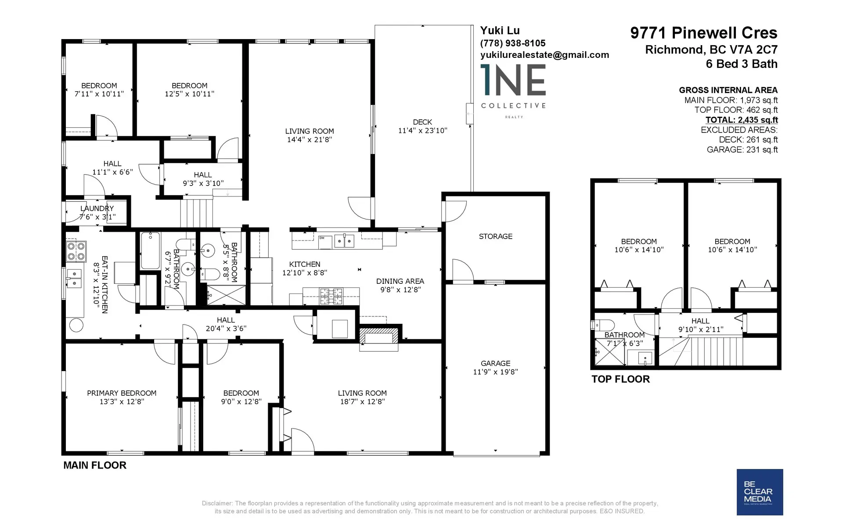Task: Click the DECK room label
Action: coord(422,122)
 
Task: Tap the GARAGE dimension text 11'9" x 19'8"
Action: coord(495,372)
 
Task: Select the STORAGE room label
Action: coord(495,236)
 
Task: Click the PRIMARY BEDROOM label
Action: coord(122,393)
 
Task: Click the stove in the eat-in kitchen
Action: coord(76,251)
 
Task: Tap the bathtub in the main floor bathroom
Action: coord(151,251)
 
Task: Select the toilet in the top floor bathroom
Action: coord(604,325)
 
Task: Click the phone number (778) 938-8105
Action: coord(513,43)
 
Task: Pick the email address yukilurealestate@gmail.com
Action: coord(544,55)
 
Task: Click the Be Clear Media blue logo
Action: coord(760,492)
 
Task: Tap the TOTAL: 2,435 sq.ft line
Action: coord(742,120)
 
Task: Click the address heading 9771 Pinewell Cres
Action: coord(703,33)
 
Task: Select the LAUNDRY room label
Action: coord(97,208)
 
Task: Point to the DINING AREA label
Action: coord(400,281)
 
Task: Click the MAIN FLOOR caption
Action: coord(95,465)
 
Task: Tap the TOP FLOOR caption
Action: coord(620,379)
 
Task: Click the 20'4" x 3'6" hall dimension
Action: coord(226,328)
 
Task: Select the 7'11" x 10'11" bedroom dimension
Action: coord(99,94)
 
